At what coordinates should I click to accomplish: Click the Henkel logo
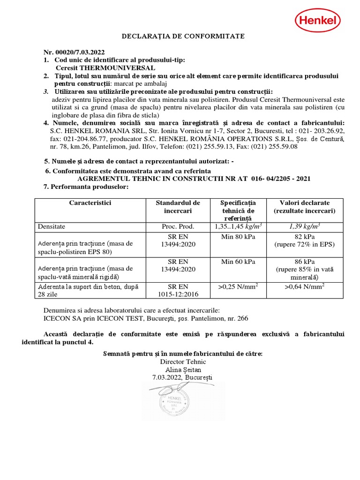(x=317, y=21)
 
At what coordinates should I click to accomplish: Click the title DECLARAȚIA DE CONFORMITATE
(x=183, y=36)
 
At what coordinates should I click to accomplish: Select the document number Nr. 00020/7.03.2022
(x=74, y=52)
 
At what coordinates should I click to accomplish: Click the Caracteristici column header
(x=90, y=203)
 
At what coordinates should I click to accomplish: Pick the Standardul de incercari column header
(x=178, y=207)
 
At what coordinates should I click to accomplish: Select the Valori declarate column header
(x=304, y=207)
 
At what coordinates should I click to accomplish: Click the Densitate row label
(x=52, y=226)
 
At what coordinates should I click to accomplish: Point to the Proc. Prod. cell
(x=178, y=226)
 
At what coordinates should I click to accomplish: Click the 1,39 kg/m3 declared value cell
(x=304, y=226)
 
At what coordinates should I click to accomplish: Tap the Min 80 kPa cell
(x=238, y=236)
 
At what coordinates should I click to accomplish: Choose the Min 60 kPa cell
(x=238, y=261)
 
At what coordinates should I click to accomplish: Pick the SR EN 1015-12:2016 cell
(x=178, y=290)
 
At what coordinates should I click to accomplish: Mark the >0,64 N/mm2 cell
(x=304, y=286)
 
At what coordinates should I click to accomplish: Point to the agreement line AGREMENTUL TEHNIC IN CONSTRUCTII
(x=194, y=179)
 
